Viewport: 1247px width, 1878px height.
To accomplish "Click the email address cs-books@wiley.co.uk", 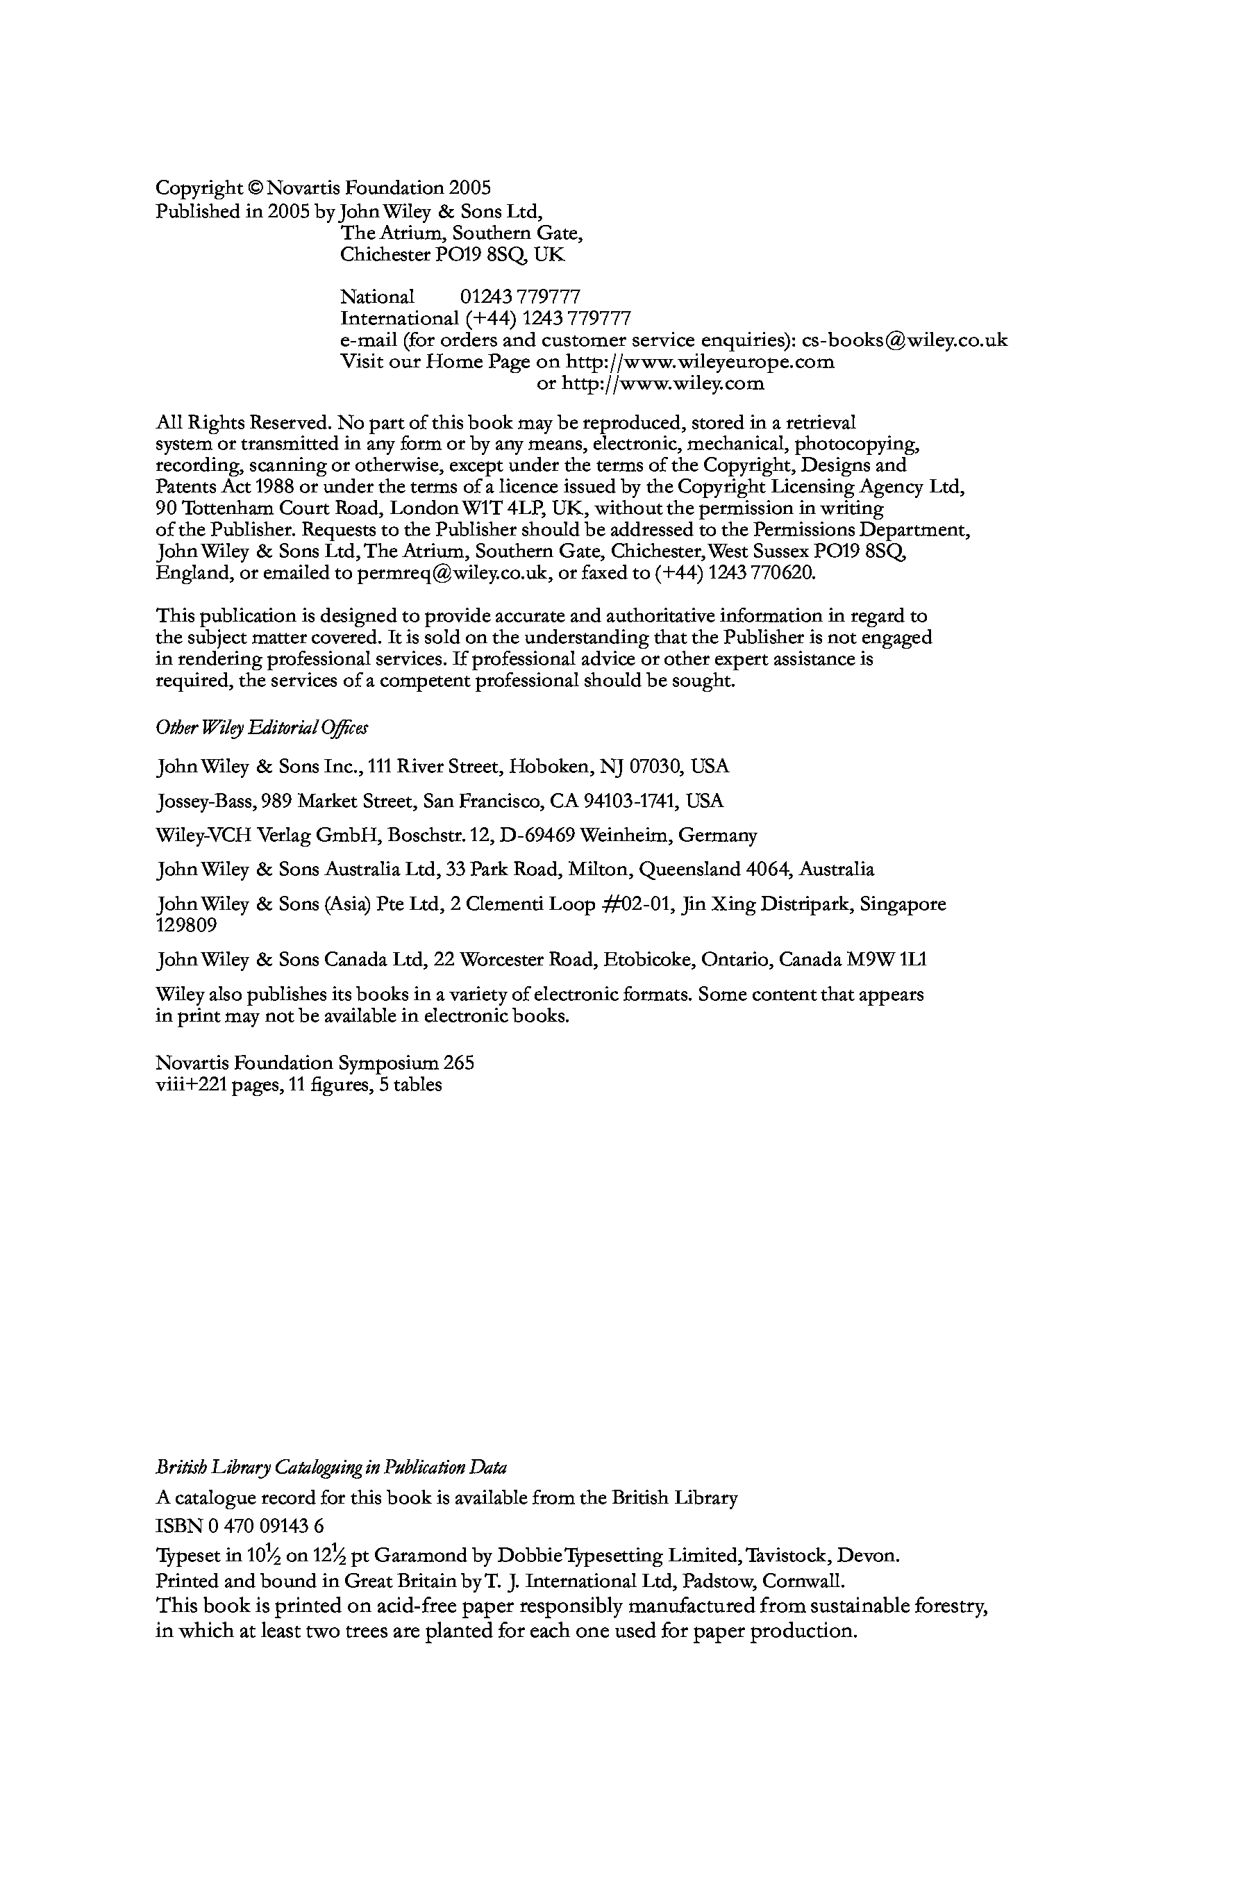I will click(904, 340).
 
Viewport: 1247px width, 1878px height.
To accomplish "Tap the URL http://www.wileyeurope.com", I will click(699, 363).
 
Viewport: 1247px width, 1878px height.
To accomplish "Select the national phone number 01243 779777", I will click(520, 297).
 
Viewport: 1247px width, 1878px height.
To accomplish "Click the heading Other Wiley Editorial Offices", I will click(262, 728).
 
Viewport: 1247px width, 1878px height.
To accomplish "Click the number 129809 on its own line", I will click(186, 926).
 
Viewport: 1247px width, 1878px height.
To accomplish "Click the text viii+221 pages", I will click(219, 1085).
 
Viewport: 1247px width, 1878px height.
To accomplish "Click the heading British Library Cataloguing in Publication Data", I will click(330, 1468).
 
